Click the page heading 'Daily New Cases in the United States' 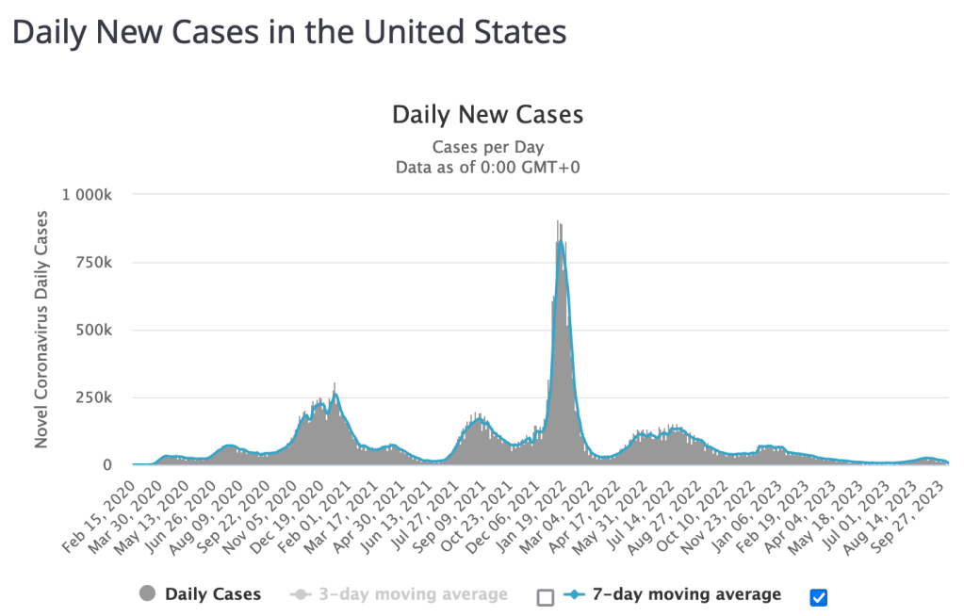tap(288, 32)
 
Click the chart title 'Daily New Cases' tap(487, 115)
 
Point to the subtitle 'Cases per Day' tap(487, 147)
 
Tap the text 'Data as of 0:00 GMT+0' tap(487, 167)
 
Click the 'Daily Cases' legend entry tap(212, 594)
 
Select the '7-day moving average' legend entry tap(686, 594)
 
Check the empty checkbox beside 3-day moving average tap(545, 596)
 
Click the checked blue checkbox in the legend tap(818, 596)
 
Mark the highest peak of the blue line tap(561, 242)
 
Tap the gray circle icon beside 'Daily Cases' tap(148, 594)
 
